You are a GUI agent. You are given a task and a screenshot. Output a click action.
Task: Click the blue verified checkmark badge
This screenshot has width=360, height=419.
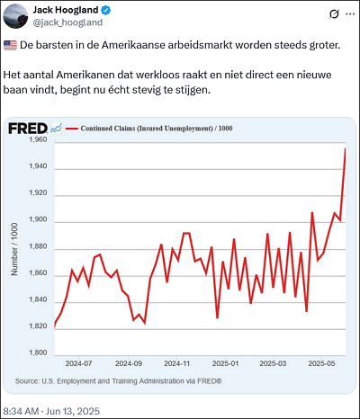(106, 11)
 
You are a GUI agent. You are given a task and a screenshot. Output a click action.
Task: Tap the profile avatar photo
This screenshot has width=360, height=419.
(15, 16)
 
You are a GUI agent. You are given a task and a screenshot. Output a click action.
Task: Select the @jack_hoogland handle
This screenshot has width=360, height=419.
(67, 22)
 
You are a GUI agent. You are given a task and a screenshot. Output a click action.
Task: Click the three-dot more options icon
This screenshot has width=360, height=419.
(350, 14)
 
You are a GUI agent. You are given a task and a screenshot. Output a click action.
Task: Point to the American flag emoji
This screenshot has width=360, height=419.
(10, 46)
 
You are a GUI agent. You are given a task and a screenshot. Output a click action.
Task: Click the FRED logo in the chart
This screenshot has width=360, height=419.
(28, 129)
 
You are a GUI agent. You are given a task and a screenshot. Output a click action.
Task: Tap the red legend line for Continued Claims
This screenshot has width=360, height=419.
(72, 129)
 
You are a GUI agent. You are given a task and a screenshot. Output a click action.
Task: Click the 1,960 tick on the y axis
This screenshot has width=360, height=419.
(38, 139)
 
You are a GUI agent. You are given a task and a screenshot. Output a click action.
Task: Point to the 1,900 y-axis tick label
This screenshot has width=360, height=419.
(38, 219)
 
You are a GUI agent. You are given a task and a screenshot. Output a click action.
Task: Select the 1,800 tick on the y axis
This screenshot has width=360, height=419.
(38, 352)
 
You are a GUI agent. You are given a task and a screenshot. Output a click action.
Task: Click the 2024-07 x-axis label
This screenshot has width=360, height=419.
(78, 363)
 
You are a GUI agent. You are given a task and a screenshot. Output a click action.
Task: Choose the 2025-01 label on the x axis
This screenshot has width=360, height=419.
(225, 363)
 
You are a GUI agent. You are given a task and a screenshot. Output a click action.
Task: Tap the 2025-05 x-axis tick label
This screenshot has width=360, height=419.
(321, 363)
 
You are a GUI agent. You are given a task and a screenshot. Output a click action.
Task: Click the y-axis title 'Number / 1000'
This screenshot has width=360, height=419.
(14, 249)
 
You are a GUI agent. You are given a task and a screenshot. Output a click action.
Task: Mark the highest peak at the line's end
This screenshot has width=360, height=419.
(346, 148)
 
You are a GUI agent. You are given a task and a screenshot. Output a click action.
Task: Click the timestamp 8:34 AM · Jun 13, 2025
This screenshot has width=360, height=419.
(51, 411)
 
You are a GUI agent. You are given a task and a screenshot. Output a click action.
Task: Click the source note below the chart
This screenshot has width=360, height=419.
(118, 381)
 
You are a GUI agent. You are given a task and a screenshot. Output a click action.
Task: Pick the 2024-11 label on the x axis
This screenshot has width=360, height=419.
(177, 363)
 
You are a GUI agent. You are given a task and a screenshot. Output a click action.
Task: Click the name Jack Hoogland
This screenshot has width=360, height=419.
(66, 10)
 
